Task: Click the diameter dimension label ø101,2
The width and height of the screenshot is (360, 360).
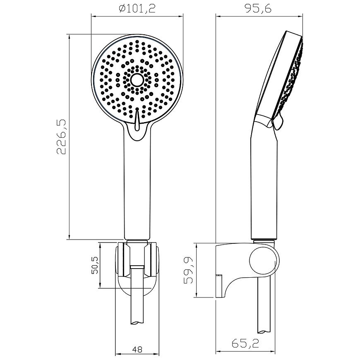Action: click(137, 9)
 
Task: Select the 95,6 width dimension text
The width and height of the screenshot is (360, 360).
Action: click(258, 9)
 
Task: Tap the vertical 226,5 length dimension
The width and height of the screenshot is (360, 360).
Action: click(62, 137)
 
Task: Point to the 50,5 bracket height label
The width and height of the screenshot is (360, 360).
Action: click(95, 265)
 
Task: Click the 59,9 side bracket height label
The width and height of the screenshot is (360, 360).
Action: click(189, 270)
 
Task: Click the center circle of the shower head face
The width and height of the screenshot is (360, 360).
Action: click(137, 80)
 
